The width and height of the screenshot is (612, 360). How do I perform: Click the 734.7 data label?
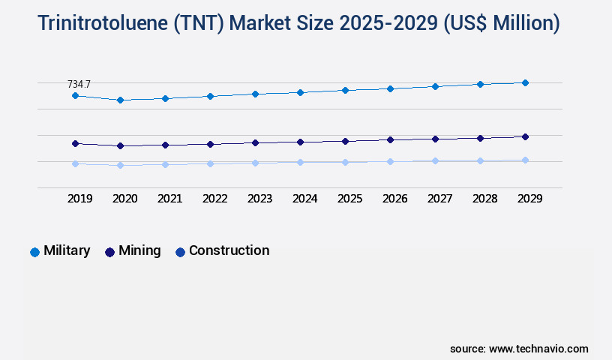point(79,84)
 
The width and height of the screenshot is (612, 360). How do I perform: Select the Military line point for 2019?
point(75,96)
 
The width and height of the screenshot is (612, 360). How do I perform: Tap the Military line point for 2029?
point(525,82)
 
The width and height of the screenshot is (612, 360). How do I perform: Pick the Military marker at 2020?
point(120,100)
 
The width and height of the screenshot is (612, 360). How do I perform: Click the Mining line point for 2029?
point(525,136)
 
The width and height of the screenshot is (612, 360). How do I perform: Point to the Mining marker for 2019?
point(75,143)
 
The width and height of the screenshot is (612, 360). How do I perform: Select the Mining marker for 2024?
point(300,142)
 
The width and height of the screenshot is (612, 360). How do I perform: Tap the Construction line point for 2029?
point(525,160)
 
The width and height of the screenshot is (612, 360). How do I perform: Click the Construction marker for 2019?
point(75,163)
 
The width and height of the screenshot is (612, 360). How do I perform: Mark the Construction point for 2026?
point(390,161)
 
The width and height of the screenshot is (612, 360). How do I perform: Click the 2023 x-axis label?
point(259,199)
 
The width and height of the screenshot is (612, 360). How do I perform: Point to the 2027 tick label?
point(439,199)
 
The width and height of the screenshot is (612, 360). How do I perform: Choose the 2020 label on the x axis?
point(124,199)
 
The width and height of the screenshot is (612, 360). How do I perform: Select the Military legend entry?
point(66,251)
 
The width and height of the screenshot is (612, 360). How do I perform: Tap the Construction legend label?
point(229,251)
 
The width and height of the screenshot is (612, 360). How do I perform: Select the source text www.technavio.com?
point(538,349)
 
